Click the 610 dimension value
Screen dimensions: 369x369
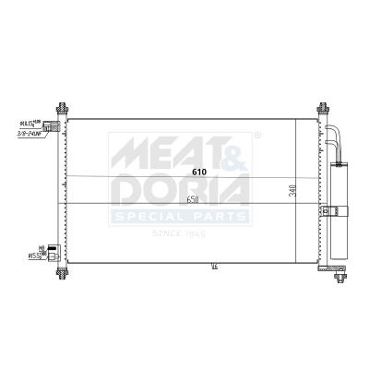199,172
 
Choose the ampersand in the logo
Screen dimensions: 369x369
232,150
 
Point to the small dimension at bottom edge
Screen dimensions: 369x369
214,268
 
